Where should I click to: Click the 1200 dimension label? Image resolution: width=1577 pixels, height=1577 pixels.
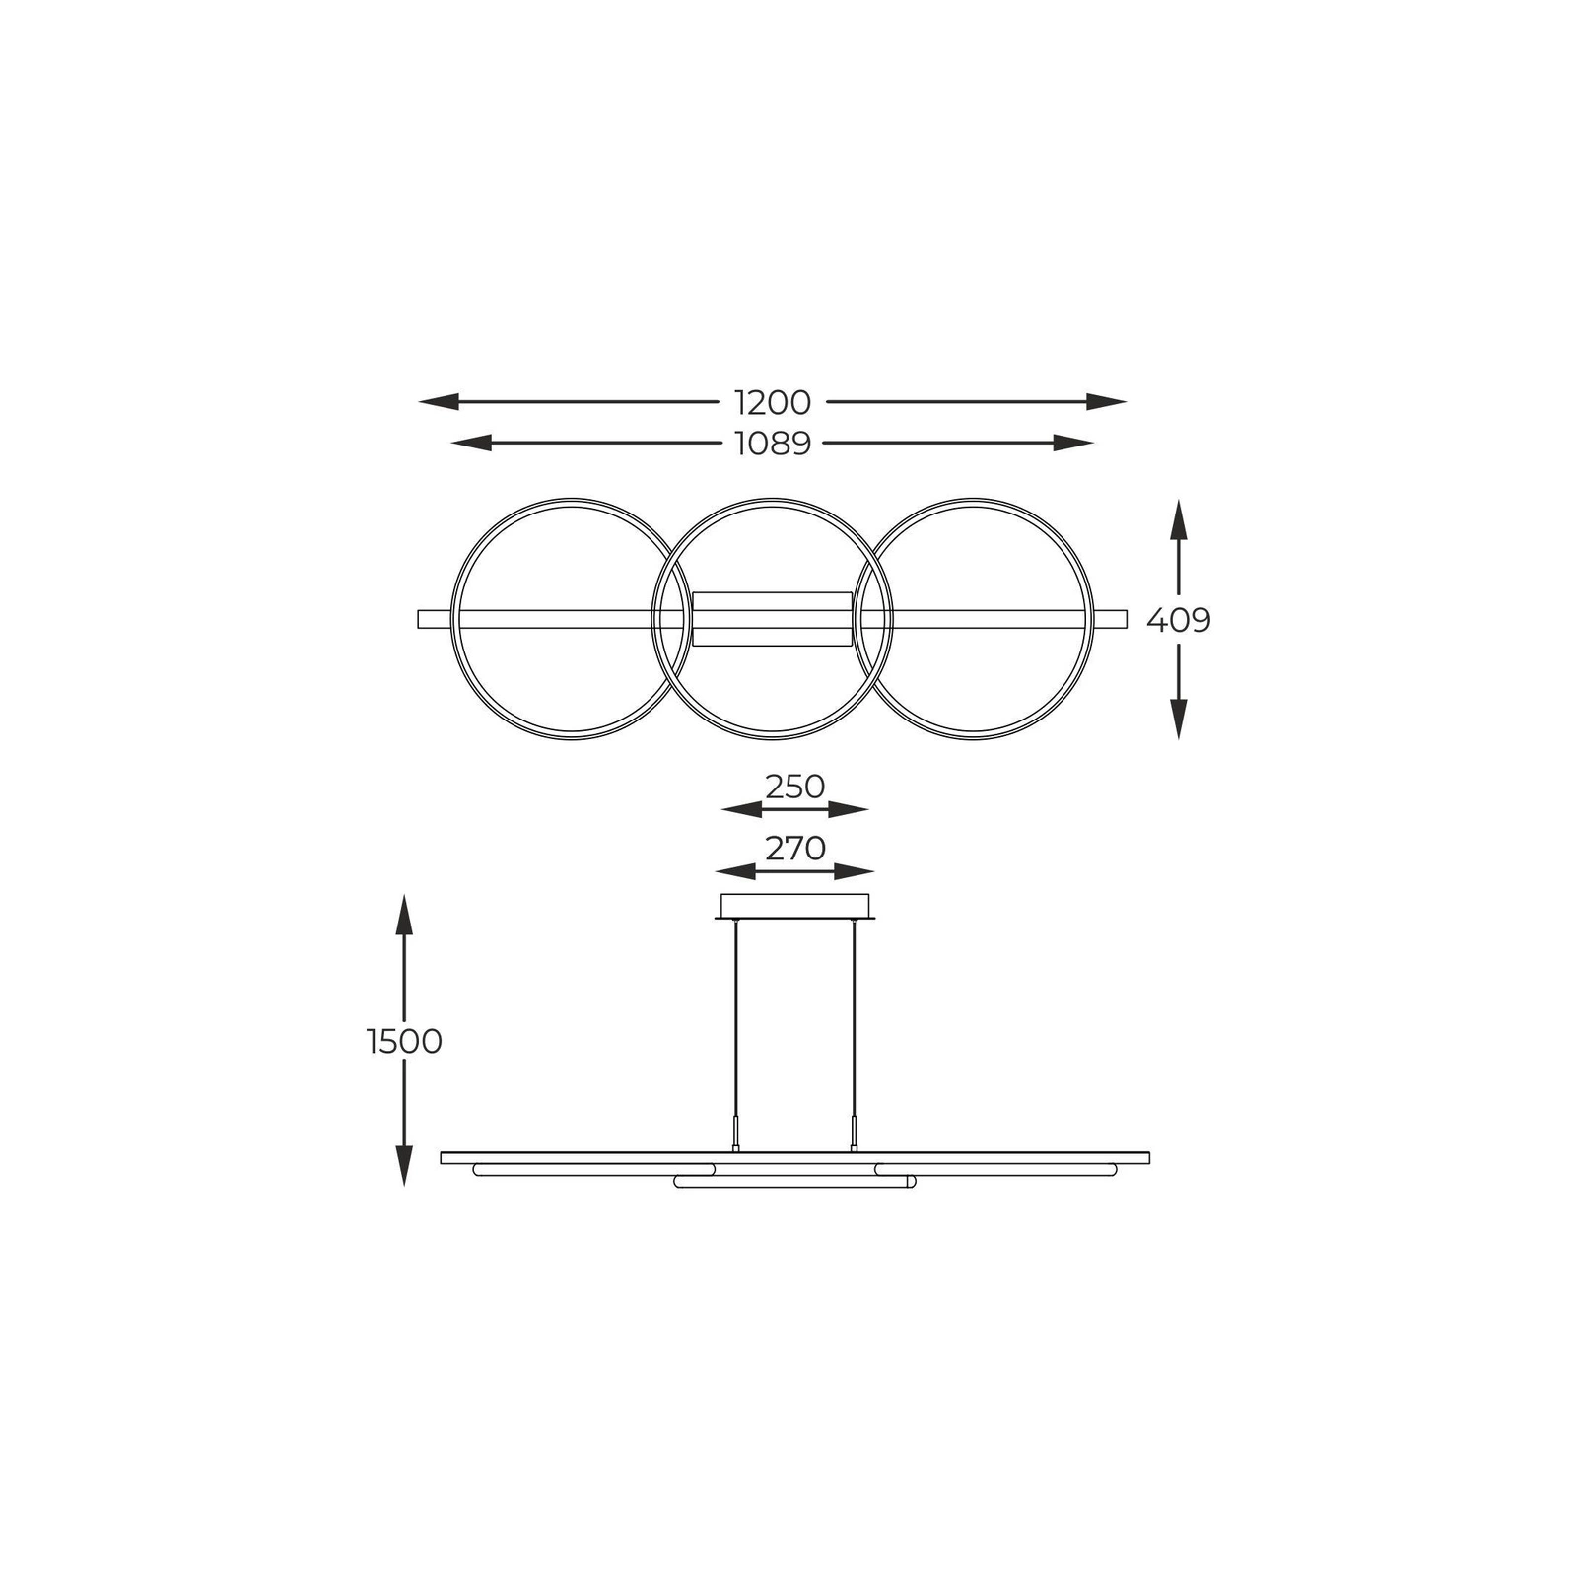click(x=773, y=402)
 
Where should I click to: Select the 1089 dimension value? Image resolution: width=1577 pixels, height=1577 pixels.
click(x=773, y=444)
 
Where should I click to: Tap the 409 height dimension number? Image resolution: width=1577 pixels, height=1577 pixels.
click(x=1179, y=620)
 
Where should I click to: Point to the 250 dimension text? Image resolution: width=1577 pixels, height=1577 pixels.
click(x=795, y=787)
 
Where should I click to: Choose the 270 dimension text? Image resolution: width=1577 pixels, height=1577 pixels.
click(x=795, y=848)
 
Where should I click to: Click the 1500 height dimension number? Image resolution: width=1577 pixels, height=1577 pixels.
click(x=404, y=1041)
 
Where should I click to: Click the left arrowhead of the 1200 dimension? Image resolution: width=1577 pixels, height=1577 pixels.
click(x=440, y=402)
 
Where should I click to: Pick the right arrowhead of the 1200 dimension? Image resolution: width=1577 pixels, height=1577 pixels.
click(x=1106, y=402)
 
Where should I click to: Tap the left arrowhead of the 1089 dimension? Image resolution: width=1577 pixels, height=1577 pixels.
click(x=471, y=444)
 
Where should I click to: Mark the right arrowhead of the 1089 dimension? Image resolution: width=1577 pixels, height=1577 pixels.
click(x=1073, y=444)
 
